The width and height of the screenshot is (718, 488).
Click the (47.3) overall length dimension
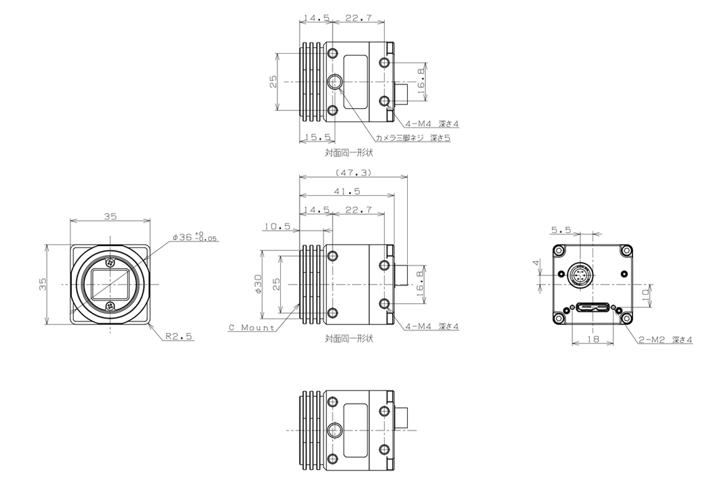(x=353, y=173)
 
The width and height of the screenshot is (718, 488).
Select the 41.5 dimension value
(x=346, y=191)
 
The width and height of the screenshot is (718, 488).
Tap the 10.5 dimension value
(x=277, y=226)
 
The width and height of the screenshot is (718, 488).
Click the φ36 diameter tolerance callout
(x=195, y=237)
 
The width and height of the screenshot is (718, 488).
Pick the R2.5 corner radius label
(x=179, y=336)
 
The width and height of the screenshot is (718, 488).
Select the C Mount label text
(x=252, y=328)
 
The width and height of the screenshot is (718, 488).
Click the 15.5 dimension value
(x=317, y=137)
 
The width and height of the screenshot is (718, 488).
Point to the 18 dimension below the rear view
(x=593, y=340)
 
